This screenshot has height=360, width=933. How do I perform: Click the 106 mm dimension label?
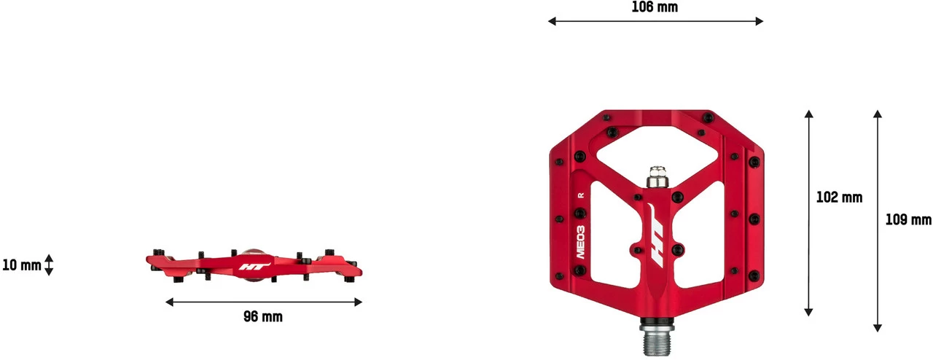pos(655,7)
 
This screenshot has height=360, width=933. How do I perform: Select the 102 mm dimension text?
pos(839,197)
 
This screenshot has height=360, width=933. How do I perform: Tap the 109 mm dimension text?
pos(908,219)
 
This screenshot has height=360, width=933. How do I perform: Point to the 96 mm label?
pos(263,317)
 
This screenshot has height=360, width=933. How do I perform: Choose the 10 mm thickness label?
pos(22,265)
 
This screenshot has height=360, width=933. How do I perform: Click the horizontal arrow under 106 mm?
pos(655,21)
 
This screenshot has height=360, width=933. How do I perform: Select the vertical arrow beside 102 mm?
pos(809,214)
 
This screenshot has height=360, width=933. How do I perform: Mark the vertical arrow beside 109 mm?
pos(878,221)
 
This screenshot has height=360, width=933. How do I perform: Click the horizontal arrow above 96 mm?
pos(264,302)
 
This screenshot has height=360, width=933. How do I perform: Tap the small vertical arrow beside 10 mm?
pos(49,265)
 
